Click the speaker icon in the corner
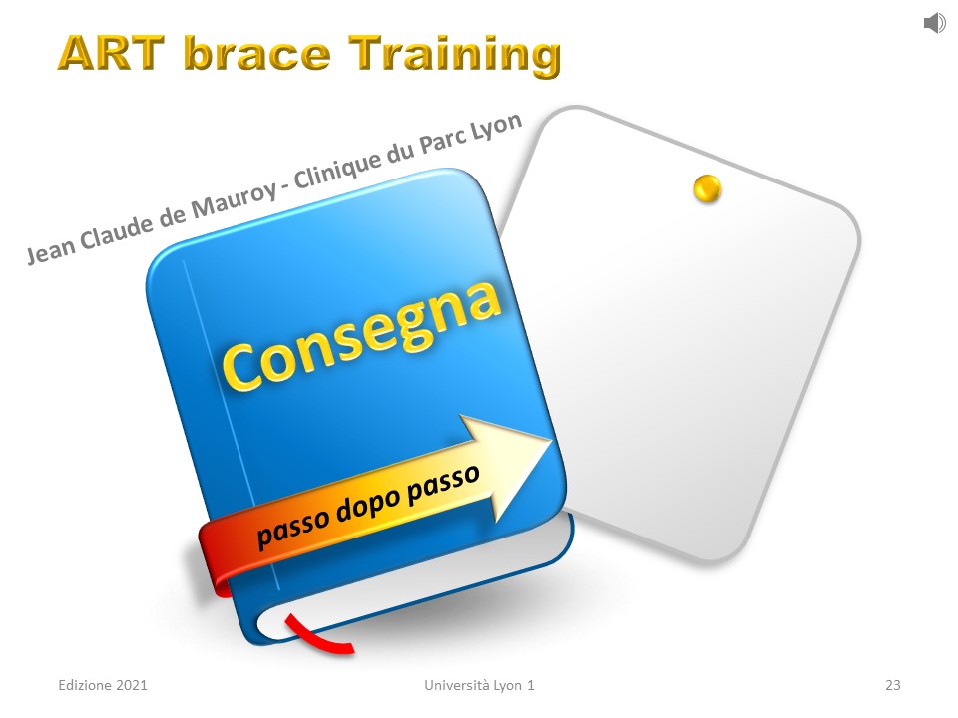point(935,23)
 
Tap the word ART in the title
point(111,53)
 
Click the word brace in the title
point(256,53)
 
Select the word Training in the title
point(455,55)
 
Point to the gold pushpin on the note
point(708,188)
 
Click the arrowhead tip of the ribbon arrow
point(552,440)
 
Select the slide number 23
point(892,685)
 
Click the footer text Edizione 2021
point(103,685)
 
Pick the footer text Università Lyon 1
point(479,686)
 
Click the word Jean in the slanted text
point(50,250)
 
